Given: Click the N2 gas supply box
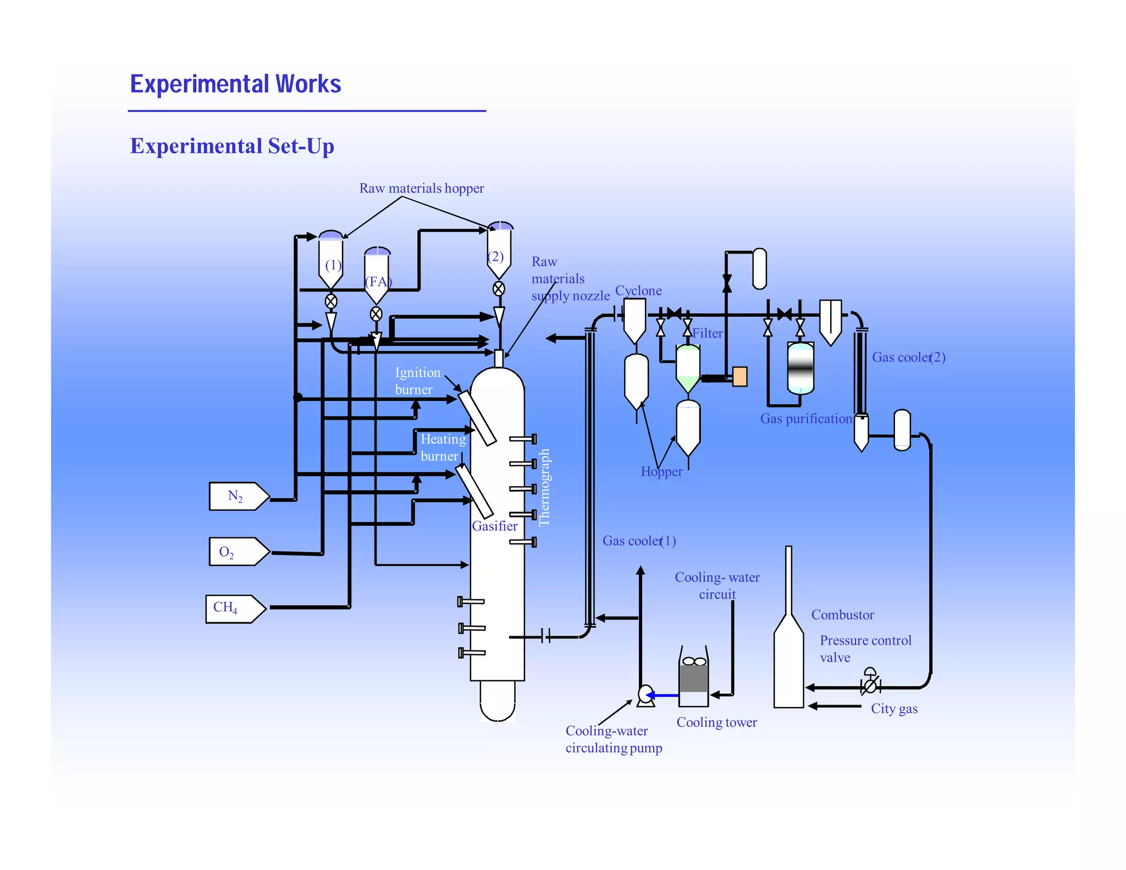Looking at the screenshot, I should point(238,496).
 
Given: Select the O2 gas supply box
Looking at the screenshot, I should point(238,552).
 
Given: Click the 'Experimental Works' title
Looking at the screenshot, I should point(235,84).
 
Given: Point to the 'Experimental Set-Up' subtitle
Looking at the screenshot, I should point(232,146).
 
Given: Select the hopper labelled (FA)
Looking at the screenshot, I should point(377,275).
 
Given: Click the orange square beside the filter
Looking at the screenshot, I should point(739,377).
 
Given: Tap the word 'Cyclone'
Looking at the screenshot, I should point(638,290).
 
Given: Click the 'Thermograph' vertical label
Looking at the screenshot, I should point(544,487).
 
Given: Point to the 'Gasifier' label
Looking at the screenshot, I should point(494,526).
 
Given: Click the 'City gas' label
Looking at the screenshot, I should point(893,709).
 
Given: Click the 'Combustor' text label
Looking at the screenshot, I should point(842,615).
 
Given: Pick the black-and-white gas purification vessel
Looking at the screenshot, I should point(800,368).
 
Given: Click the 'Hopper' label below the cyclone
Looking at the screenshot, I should point(661,472).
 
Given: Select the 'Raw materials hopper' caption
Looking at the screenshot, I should point(421,188).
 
